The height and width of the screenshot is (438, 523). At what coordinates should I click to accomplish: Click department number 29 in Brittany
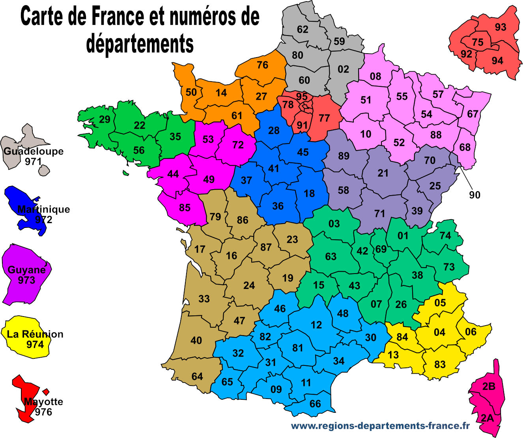pos(105,119)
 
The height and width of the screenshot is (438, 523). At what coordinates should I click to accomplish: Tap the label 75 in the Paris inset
pos(478,42)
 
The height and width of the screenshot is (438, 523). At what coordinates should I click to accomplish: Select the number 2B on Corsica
pos(489,387)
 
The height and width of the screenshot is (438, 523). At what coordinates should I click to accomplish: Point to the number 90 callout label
pos(474,195)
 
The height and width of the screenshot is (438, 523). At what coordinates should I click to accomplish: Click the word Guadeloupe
pos(34,151)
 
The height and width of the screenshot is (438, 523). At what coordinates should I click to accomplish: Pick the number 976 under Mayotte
pos(43,412)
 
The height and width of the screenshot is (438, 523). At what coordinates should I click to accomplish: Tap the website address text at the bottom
pos(380,426)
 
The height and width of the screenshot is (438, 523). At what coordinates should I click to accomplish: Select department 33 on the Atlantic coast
pos(204,299)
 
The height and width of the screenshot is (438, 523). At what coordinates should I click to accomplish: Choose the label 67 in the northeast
pos(473,114)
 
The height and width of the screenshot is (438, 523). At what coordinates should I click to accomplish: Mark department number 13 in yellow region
pos(393,355)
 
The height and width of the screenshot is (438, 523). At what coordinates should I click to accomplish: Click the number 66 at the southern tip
pos(315,404)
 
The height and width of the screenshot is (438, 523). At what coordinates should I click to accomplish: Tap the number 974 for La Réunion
pos(35,345)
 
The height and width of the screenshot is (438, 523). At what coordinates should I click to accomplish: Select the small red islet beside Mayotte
pos(46,392)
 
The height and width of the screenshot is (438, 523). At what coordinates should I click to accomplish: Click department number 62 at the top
pos(303,29)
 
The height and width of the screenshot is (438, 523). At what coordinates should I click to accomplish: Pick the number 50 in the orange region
pos(191,92)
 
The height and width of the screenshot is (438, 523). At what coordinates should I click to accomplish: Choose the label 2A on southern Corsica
pos(487,418)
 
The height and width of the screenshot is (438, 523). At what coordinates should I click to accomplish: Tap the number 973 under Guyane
pos(26,280)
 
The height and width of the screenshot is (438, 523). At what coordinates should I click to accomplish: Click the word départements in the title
pos(140,43)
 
